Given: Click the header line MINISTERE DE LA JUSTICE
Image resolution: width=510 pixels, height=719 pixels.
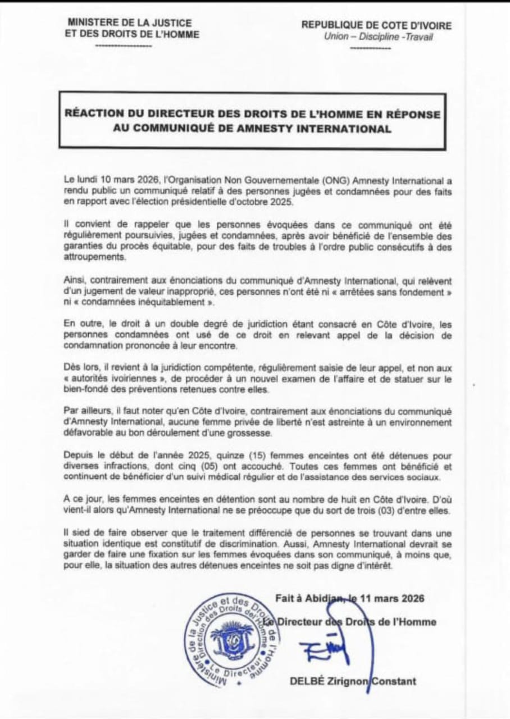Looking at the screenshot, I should pyautogui.click(x=129, y=23).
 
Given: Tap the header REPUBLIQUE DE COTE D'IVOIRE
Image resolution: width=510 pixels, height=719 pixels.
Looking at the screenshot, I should pyautogui.click(x=376, y=25).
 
